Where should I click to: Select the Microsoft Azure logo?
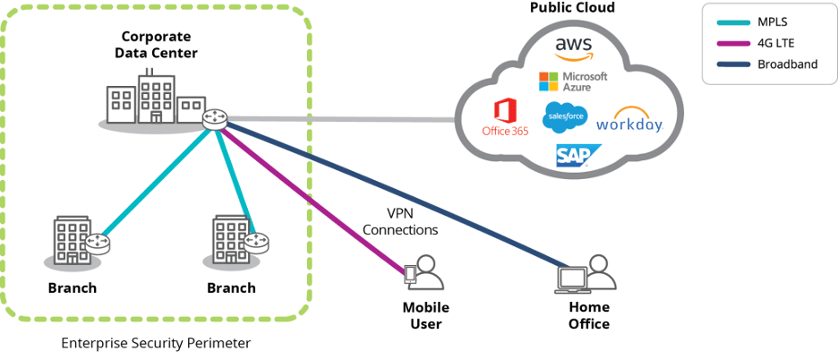coord(573,81)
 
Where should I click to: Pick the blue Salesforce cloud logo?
coord(565,117)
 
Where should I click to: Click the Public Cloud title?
coord(572,8)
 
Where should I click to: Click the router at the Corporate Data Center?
coord(215,117)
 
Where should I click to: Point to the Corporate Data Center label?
coord(156,45)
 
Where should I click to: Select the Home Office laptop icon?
coord(570,279)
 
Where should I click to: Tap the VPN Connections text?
coord(400,222)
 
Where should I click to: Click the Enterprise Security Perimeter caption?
coord(156,343)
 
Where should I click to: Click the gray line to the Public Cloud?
coord(340,118)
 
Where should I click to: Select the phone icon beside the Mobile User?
coord(411,275)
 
